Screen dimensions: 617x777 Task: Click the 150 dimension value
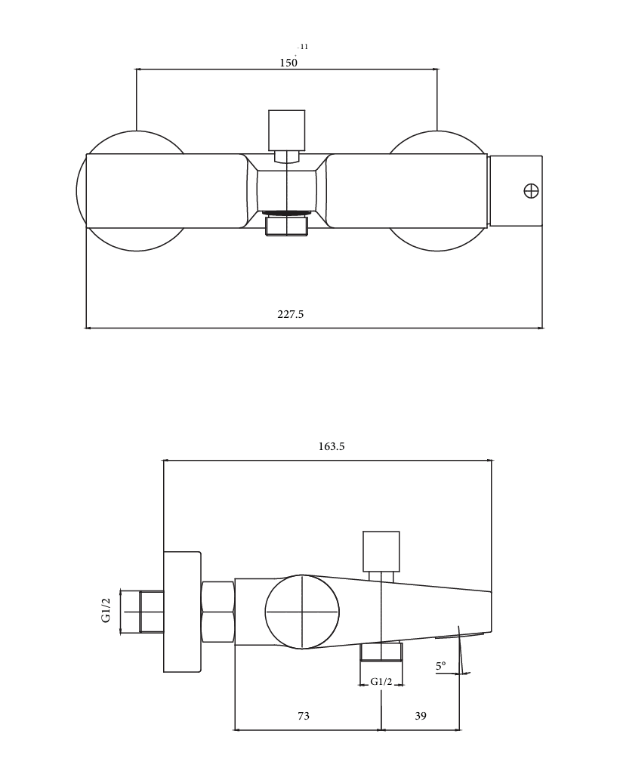(288, 63)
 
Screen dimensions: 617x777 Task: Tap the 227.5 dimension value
(291, 314)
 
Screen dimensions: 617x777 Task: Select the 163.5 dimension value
(332, 446)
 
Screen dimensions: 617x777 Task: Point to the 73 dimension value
(304, 716)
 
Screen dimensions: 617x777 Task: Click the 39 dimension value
(420, 716)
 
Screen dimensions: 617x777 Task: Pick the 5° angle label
(440, 667)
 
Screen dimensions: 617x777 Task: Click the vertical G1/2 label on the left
(106, 610)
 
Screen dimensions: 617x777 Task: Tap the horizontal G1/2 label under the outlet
(381, 682)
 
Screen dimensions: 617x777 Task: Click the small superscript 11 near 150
(304, 47)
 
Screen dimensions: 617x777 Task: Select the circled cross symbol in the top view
(531, 191)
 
